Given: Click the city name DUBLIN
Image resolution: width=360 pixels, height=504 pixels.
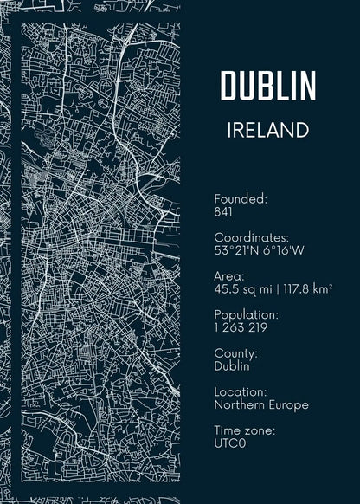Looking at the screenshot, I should tap(268, 86).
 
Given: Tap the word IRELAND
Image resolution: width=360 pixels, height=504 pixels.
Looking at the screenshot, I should tap(267, 130).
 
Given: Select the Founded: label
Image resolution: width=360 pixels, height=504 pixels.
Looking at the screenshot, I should tap(241, 198).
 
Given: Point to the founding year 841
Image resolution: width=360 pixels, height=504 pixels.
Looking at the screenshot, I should tap(224, 211).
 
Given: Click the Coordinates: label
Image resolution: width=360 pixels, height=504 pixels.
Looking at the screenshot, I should tap(251, 237).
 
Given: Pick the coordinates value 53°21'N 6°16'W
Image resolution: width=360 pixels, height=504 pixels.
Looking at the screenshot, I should tap(259, 250).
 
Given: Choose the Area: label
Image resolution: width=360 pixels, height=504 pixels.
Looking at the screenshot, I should tap(229, 276).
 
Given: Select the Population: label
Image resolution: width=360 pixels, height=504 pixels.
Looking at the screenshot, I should tap(245, 314).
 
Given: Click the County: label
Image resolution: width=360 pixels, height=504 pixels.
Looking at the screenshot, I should tap(235, 353).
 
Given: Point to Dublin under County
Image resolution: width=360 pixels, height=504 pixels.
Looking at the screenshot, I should tap(231, 366).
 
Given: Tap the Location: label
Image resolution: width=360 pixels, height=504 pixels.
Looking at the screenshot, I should tap(240, 392).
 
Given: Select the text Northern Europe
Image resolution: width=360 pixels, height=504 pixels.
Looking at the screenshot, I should tap(260, 404).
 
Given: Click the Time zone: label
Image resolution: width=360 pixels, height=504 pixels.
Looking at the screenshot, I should tap(244, 430).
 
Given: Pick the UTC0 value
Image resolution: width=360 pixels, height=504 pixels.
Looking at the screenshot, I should tap(230, 443).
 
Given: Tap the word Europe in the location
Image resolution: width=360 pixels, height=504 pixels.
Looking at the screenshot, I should tap(289, 404).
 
